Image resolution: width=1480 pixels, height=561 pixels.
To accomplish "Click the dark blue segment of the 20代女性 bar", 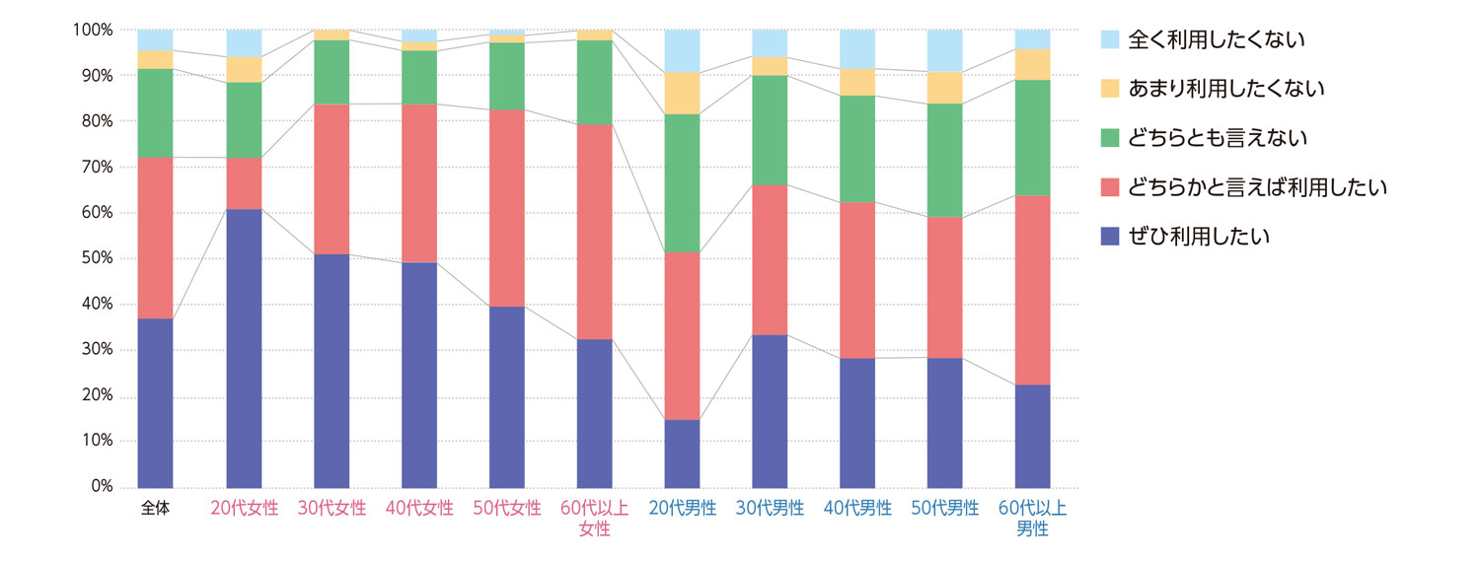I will pos(244,348).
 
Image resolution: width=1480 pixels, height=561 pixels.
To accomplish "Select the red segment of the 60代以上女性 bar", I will pos(595,232).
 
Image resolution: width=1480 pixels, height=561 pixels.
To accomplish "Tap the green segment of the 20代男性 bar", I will pos(682,182).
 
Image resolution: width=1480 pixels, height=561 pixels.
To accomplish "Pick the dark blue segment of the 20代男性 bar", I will pos(682,454).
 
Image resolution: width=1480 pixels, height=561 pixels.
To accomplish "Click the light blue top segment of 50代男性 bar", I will pos(945,50).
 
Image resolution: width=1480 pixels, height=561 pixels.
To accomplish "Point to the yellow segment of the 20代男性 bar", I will pos(682,93).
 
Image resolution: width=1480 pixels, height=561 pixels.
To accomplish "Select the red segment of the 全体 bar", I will pos(156,238).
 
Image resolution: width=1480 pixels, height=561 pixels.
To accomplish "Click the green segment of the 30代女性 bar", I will pos(332,72).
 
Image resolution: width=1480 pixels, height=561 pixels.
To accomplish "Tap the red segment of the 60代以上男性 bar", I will pos(1032,290).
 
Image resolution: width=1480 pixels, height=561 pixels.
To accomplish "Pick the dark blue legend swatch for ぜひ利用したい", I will pos(1110,237).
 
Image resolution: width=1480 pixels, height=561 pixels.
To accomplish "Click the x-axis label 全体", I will pos(156,510).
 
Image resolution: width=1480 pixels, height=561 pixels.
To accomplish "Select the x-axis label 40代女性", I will pos(419,510).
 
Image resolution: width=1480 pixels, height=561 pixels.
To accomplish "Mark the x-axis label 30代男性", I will pos(770,510).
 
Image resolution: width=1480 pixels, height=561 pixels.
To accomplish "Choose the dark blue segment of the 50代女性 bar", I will pos(507,396).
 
